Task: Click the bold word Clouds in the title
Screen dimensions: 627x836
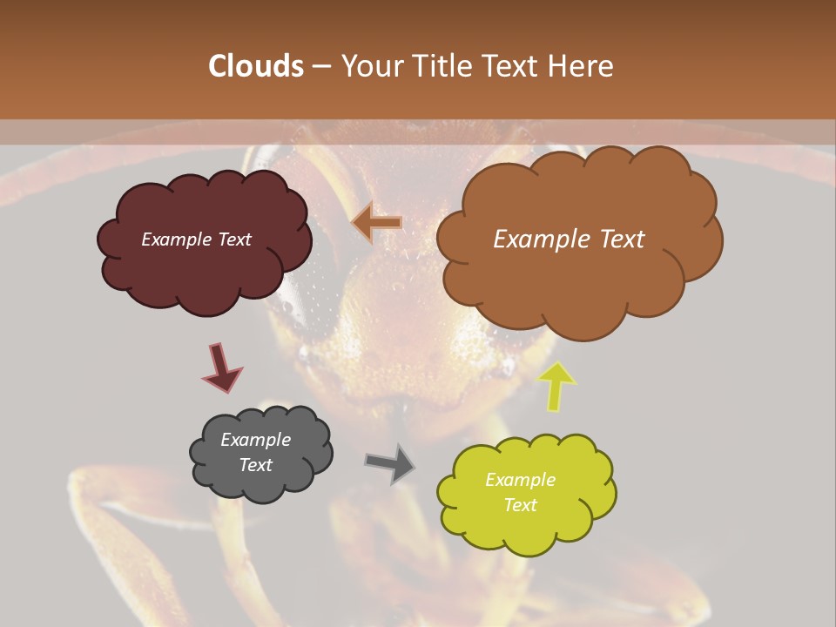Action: point(255,66)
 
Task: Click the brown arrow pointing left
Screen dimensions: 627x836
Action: point(376,223)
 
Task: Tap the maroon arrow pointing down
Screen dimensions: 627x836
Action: point(221,367)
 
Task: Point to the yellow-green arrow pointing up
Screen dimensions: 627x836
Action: point(556,386)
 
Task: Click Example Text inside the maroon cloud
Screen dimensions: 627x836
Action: point(196,239)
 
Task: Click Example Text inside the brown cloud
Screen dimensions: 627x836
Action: point(569,239)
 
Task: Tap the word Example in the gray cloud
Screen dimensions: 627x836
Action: point(255,440)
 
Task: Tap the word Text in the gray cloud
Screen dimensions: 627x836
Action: point(255,465)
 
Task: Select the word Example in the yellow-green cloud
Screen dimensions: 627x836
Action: point(520,480)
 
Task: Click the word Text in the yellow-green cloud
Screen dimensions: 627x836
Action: point(520,505)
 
